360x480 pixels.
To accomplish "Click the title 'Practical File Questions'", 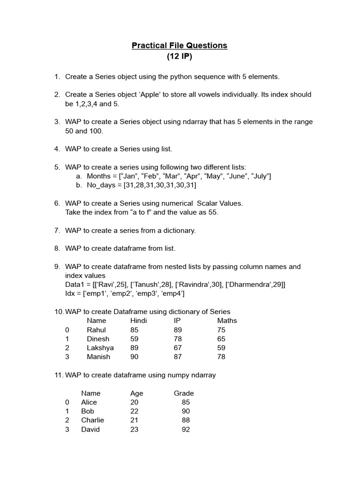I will [x=180, y=45].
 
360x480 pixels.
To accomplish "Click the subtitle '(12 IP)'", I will [x=180, y=57].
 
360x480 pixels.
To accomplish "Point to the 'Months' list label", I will [x=99, y=176].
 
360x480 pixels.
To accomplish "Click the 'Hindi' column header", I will [x=139, y=321].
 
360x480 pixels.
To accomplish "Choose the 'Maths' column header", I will [x=227, y=321].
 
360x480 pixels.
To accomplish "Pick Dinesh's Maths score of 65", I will [x=221, y=339].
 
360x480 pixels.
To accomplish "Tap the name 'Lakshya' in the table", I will [x=100, y=348].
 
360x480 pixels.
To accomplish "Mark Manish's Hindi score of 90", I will [x=135, y=357].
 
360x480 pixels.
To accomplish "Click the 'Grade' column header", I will [x=184, y=393].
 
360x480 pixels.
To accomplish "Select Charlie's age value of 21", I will [x=135, y=420].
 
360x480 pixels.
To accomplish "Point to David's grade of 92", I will [x=186, y=429].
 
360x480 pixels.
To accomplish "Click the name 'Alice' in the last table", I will [x=89, y=402].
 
